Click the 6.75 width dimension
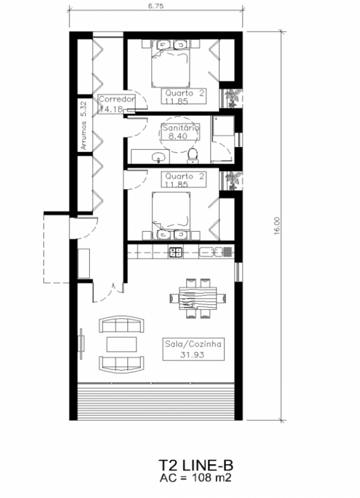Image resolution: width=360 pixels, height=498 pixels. pyautogui.click(x=156, y=6)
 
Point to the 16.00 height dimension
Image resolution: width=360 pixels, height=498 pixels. pyautogui.click(x=277, y=226)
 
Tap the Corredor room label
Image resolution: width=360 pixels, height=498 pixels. pyautogui.click(x=117, y=99)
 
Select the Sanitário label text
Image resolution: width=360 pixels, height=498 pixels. pyautogui.click(x=181, y=128)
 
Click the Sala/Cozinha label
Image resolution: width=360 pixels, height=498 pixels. pyautogui.click(x=193, y=344)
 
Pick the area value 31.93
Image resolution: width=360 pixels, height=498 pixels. pyautogui.click(x=192, y=355)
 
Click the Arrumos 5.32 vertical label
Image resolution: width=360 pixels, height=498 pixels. pyautogui.click(x=84, y=126)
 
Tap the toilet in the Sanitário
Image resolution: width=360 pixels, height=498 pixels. pyautogui.click(x=192, y=156)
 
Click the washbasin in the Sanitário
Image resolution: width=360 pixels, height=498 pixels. pyautogui.click(x=158, y=157)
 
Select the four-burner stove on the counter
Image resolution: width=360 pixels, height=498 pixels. pyautogui.click(x=176, y=252)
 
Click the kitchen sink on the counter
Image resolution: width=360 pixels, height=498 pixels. pyautogui.click(x=210, y=252)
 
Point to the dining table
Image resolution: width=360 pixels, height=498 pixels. pyautogui.click(x=198, y=298)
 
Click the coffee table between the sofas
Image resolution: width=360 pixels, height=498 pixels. pyautogui.click(x=121, y=344)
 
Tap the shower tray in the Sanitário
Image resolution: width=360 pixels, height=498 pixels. pyautogui.click(x=224, y=126)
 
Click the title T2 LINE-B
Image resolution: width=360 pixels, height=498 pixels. pyautogui.click(x=196, y=465)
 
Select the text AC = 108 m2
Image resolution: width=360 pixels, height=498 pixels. pyautogui.click(x=196, y=478)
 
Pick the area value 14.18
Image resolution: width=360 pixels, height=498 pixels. pyautogui.click(x=111, y=109)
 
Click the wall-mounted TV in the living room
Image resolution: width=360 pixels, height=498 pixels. pyautogui.click(x=82, y=344)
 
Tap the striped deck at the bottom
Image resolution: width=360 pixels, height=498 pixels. pyautogui.click(x=156, y=401)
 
